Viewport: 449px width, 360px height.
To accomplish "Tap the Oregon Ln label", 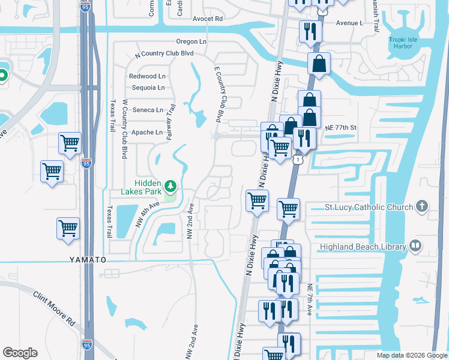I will pyautogui.click(x=191, y=41).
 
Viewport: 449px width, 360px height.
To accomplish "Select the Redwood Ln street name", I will pyautogui.click(x=147, y=76).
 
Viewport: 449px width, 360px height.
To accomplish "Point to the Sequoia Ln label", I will pyautogui.click(x=148, y=88).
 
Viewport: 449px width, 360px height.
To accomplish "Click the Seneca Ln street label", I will pyautogui.click(x=148, y=110).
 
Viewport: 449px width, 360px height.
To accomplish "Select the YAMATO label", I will pyautogui.click(x=87, y=260).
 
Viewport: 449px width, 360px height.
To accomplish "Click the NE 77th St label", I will pyautogui.click(x=342, y=128).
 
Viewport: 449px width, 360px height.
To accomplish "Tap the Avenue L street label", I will pyautogui.click(x=351, y=23).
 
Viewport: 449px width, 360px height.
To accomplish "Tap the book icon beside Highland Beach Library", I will pyautogui.click(x=415, y=245).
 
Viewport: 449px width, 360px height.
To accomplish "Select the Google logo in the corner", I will pyautogui.click(x=21, y=352).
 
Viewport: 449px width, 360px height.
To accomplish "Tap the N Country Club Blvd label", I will pyautogui.click(x=164, y=53).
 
